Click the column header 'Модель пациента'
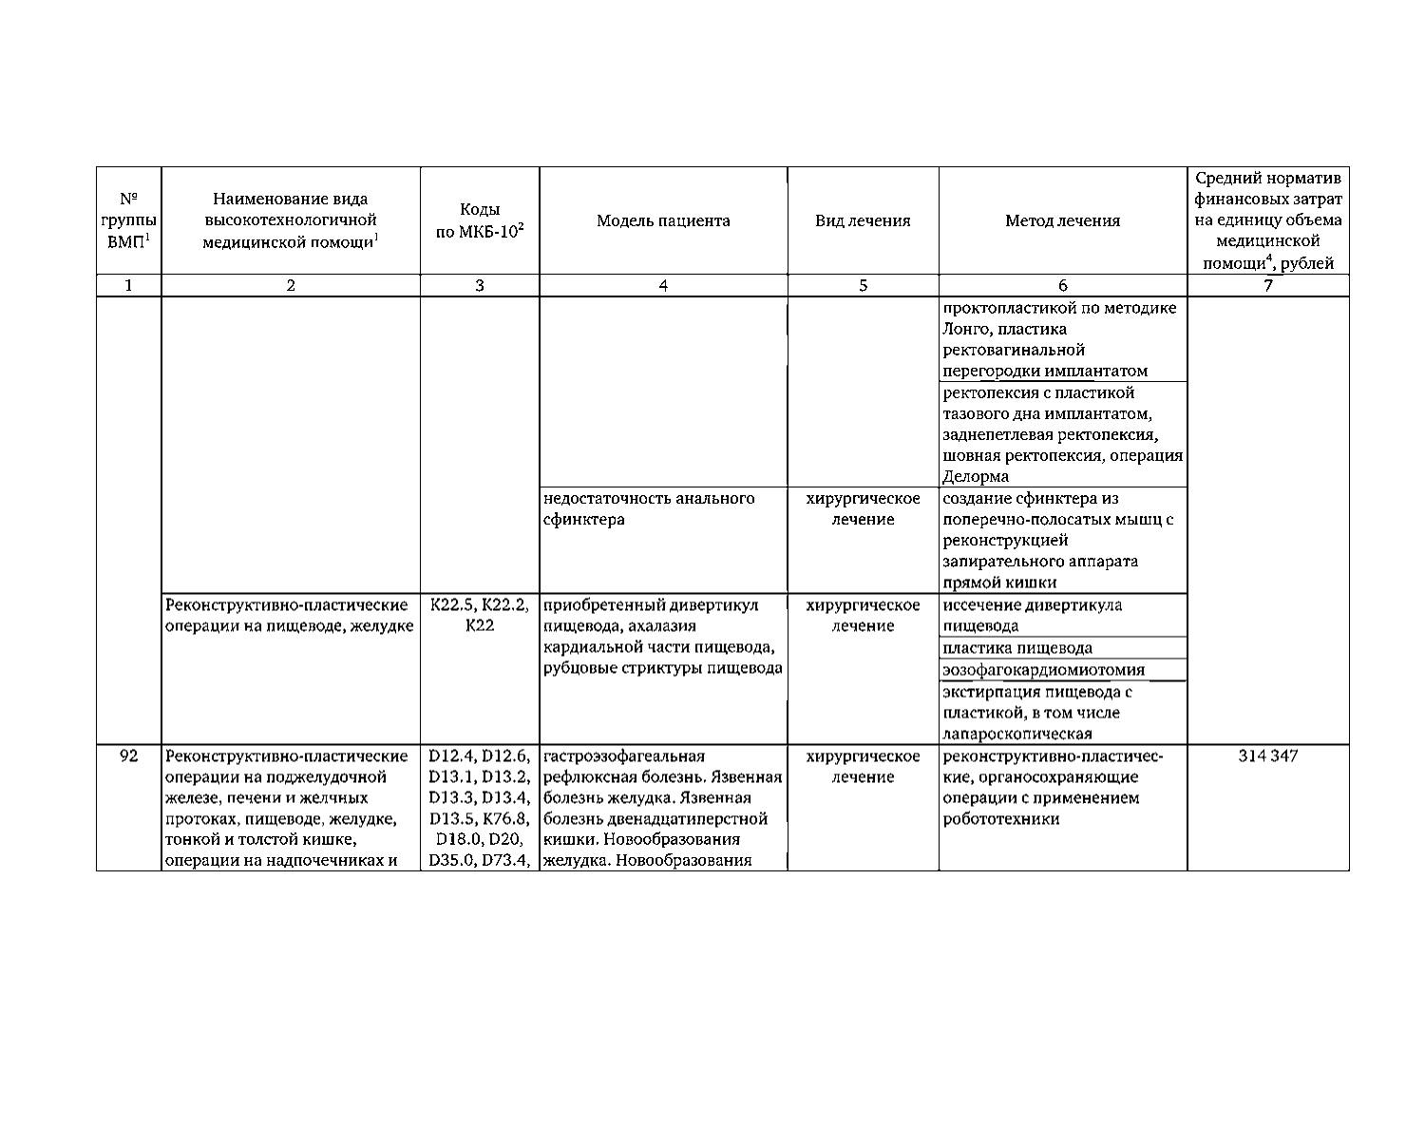point(663,220)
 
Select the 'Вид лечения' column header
point(863,220)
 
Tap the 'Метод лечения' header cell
point(1062,220)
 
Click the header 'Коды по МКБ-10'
point(480,221)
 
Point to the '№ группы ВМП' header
point(129,220)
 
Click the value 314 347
point(1267,756)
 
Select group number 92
point(129,756)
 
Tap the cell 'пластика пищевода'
point(1017,648)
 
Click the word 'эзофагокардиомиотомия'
point(1043,670)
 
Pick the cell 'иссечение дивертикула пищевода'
point(1032,615)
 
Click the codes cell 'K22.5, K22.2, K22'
point(480,615)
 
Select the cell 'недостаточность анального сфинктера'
point(649,508)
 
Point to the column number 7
point(1267,285)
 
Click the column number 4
point(663,285)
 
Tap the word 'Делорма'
point(975,476)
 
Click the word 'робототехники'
point(1000,819)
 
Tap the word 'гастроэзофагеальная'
point(624,756)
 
